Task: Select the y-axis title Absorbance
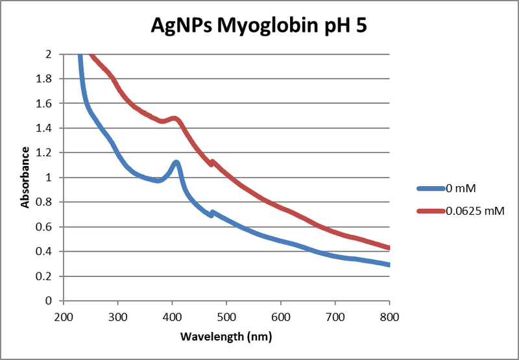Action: (x=25, y=178)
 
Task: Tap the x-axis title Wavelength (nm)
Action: (x=226, y=337)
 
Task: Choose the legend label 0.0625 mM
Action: (x=474, y=211)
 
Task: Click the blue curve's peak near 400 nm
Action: (x=175, y=162)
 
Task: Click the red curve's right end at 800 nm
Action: (x=388, y=248)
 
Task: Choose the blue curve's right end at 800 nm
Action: (x=388, y=265)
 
